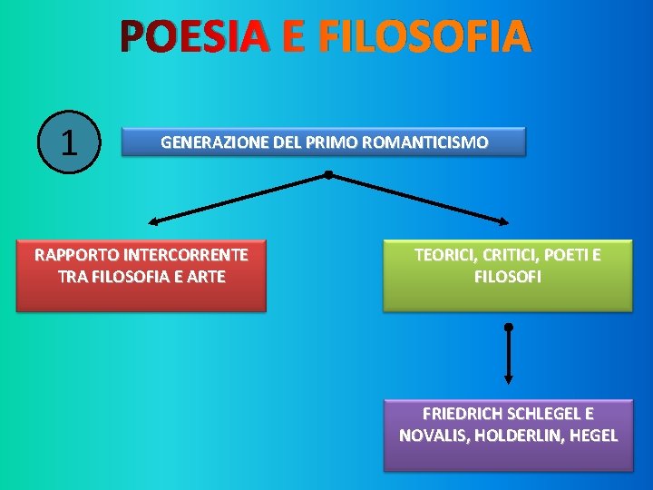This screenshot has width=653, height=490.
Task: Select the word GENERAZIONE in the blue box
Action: click(x=205, y=142)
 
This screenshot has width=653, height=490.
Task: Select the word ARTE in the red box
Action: click(x=204, y=277)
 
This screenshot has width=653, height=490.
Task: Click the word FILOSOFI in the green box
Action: click(x=508, y=277)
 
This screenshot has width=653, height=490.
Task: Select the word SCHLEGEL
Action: click(x=546, y=414)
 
